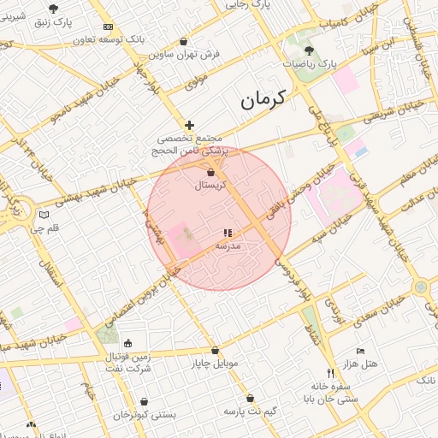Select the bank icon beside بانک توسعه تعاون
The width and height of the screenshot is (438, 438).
coord(109,27)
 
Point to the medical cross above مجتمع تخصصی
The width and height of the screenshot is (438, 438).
coord(189,125)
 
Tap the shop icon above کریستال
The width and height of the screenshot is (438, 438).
coord(210,172)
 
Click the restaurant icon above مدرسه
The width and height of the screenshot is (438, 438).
coord(228,233)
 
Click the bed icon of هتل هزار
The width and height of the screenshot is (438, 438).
coord(360,352)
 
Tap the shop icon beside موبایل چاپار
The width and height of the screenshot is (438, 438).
coord(215,350)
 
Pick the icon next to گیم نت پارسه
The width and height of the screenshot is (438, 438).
coord(250,398)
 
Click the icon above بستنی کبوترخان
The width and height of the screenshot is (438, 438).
coord(145,400)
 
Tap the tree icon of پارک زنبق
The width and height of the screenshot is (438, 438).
coord(53,8)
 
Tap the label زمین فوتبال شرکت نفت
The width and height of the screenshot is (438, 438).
coord(128,361)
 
